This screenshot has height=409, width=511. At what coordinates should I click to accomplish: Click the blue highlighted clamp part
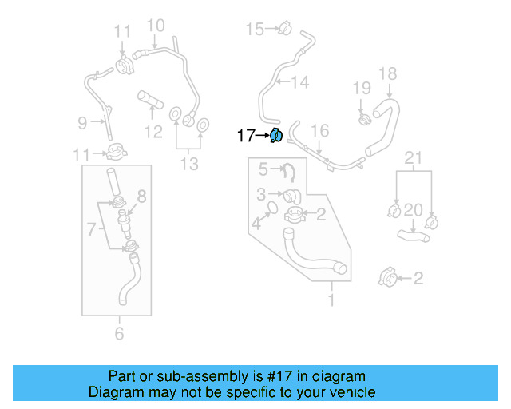click(275, 136)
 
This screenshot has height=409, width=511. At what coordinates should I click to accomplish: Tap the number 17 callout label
click(246, 136)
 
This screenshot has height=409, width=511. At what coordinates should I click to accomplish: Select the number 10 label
click(155, 26)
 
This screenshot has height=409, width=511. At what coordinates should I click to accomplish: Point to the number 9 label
click(82, 122)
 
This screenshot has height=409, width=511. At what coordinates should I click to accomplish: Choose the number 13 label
click(188, 164)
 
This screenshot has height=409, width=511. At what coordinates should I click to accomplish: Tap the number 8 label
click(141, 196)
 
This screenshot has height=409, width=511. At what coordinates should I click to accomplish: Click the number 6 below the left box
click(119, 333)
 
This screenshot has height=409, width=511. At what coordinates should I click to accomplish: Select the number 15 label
click(254, 30)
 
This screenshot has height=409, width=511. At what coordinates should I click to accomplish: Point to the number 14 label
click(299, 81)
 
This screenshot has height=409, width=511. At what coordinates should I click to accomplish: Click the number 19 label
click(362, 88)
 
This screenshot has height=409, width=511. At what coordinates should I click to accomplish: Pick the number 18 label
click(387, 74)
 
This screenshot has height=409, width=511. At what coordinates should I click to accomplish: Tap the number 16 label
click(319, 131)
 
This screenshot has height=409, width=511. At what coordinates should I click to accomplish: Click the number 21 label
click(412, 158)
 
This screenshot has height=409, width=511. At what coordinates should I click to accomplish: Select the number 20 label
click(412, 210)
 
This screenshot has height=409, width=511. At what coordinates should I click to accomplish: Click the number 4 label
click(256, 224)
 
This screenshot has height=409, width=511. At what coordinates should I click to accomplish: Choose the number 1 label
click(331, 300)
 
